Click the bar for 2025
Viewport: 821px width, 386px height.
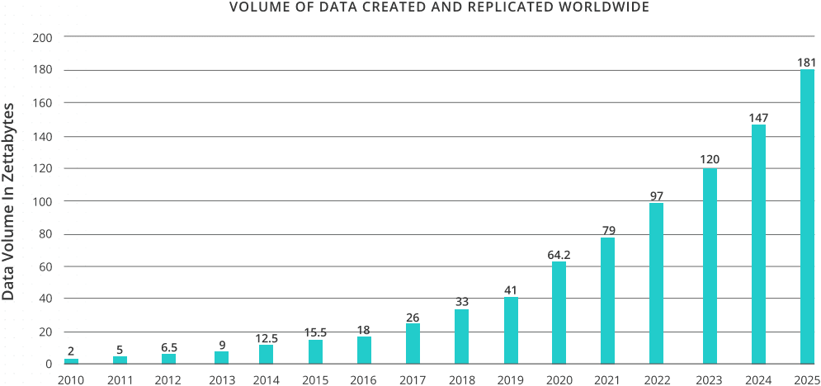point(807,216)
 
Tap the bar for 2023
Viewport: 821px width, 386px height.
point(710,266)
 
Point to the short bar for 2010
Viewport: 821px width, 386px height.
point(72,361)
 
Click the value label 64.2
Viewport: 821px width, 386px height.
point(559,255)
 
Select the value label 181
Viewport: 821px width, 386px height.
point(806,63)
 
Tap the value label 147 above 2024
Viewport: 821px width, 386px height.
point(758,118)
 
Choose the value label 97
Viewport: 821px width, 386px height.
point(656,196)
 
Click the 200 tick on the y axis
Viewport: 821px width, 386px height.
point(42,38)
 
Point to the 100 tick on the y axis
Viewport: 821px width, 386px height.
point(42,201)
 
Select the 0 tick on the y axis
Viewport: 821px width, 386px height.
point(48,364)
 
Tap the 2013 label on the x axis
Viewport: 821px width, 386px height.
point(221,379)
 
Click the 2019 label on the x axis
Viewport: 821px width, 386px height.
point(510,379)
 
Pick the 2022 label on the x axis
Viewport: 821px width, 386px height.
point(656,379)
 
